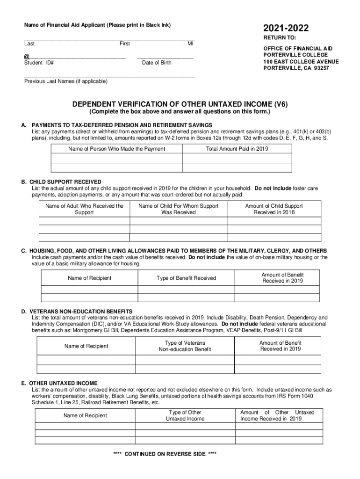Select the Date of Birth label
157,63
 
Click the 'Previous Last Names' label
65,81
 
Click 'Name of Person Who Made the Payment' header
116,149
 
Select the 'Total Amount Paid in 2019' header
237,149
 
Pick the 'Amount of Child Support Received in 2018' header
274,209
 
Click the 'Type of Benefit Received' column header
186,278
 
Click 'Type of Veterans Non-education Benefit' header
185,346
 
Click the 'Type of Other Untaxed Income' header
185,415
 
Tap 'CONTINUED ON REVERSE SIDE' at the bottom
165,454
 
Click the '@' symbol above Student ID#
26,56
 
